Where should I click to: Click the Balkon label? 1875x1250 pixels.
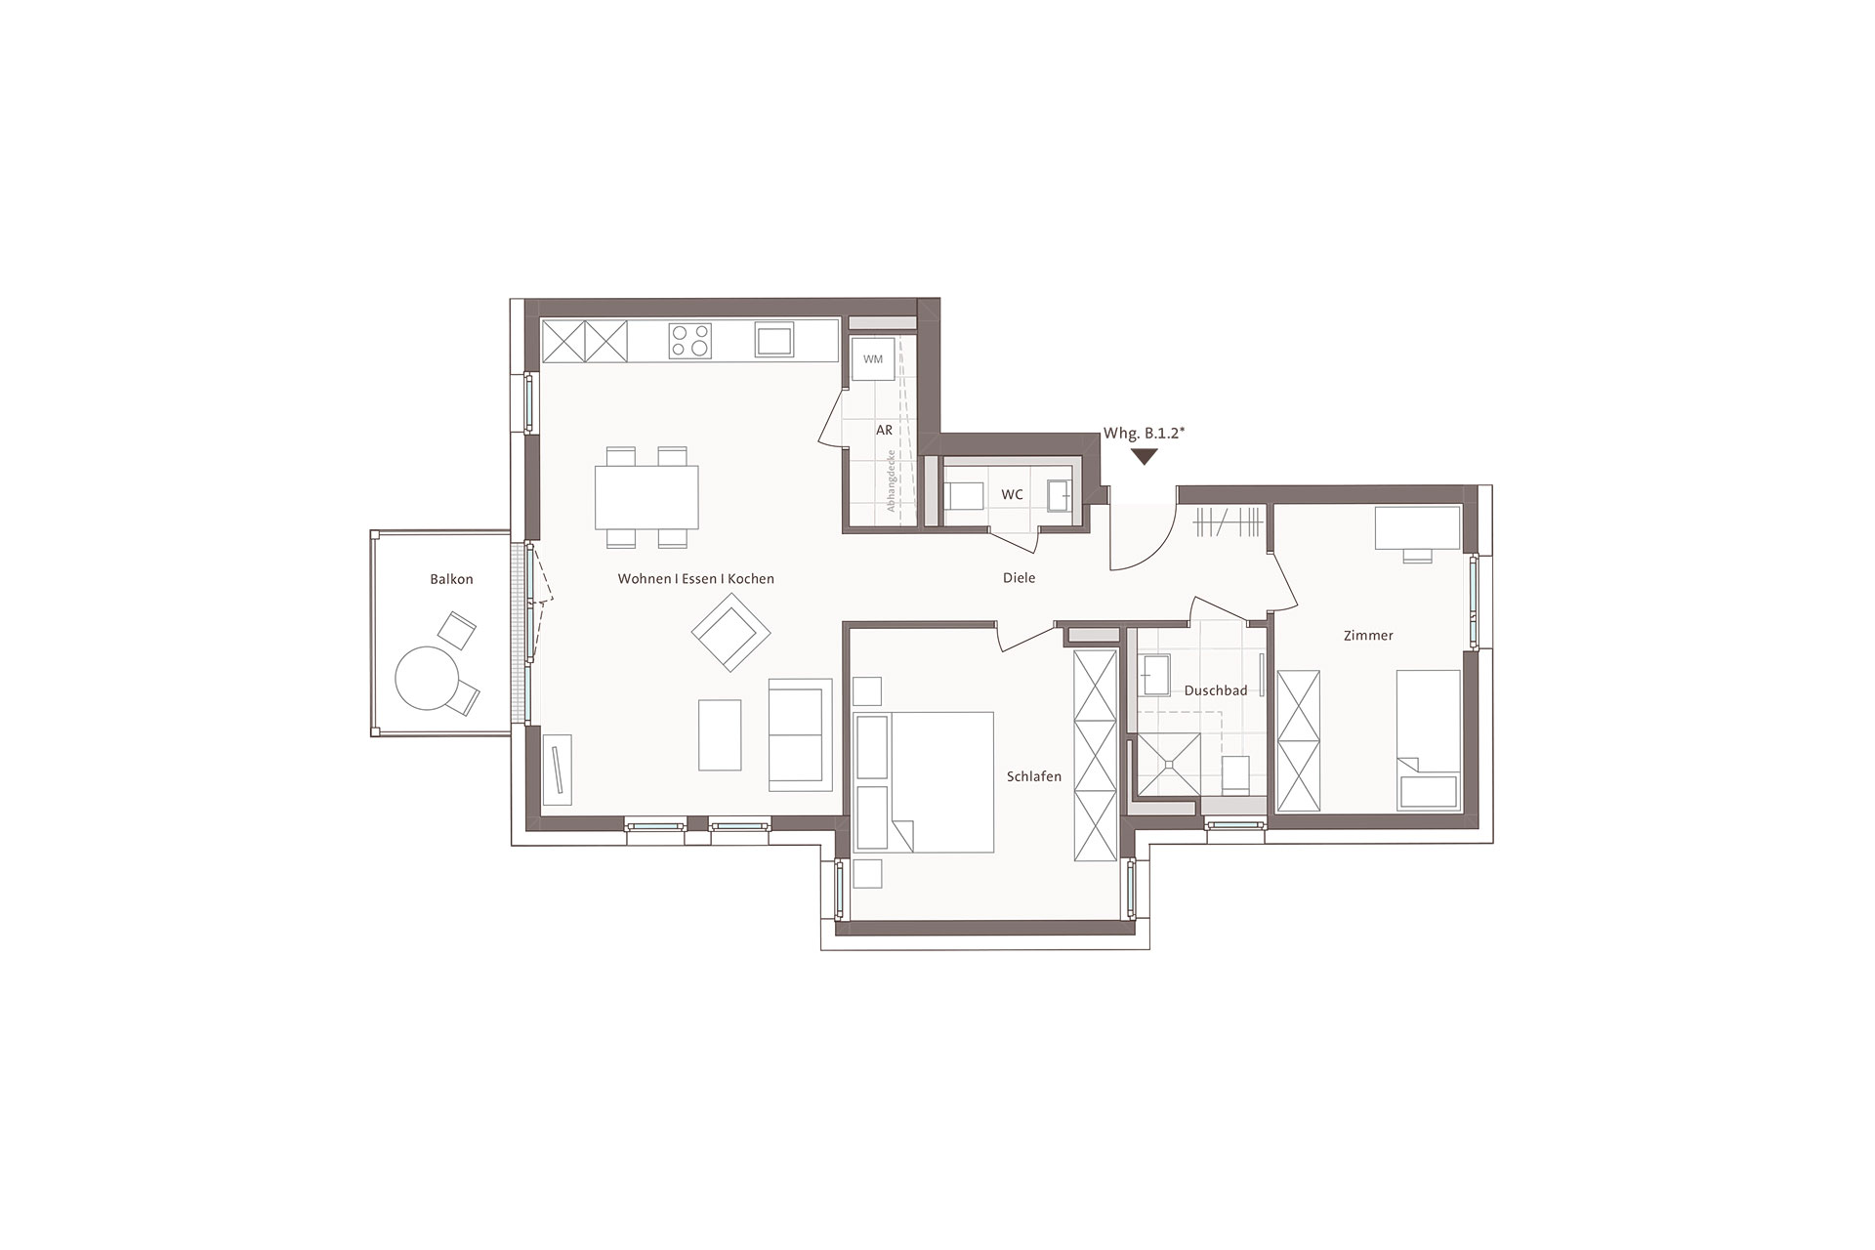[x=451, y=579]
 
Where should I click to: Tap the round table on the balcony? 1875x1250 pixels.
[x=426, y=679]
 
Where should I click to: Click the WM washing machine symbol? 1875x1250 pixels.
[x=873, y=359]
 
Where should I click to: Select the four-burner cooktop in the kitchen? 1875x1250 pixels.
[x=689, y=341]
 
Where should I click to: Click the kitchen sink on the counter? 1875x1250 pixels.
[x=774, y=340]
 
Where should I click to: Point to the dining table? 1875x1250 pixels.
[x=646, y=496]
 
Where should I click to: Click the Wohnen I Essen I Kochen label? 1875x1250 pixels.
[x=695, y=579]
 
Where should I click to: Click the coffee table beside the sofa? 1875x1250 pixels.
[x=720, y=734]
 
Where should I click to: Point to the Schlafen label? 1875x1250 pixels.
[x=1033, y=777]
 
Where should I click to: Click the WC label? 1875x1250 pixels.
[x=1012, y=495]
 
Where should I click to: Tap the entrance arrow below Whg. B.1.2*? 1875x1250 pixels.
[x=1144, y=456]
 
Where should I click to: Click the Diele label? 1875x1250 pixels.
[x=1019, y=578]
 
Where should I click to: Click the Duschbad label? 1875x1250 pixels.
[x=1215, y=690]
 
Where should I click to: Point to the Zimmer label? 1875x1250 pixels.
[x=1368, y=636]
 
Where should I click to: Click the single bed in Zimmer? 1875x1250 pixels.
[x=1429, y=739]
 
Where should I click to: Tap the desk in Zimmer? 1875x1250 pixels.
[x=1418, y=527]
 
